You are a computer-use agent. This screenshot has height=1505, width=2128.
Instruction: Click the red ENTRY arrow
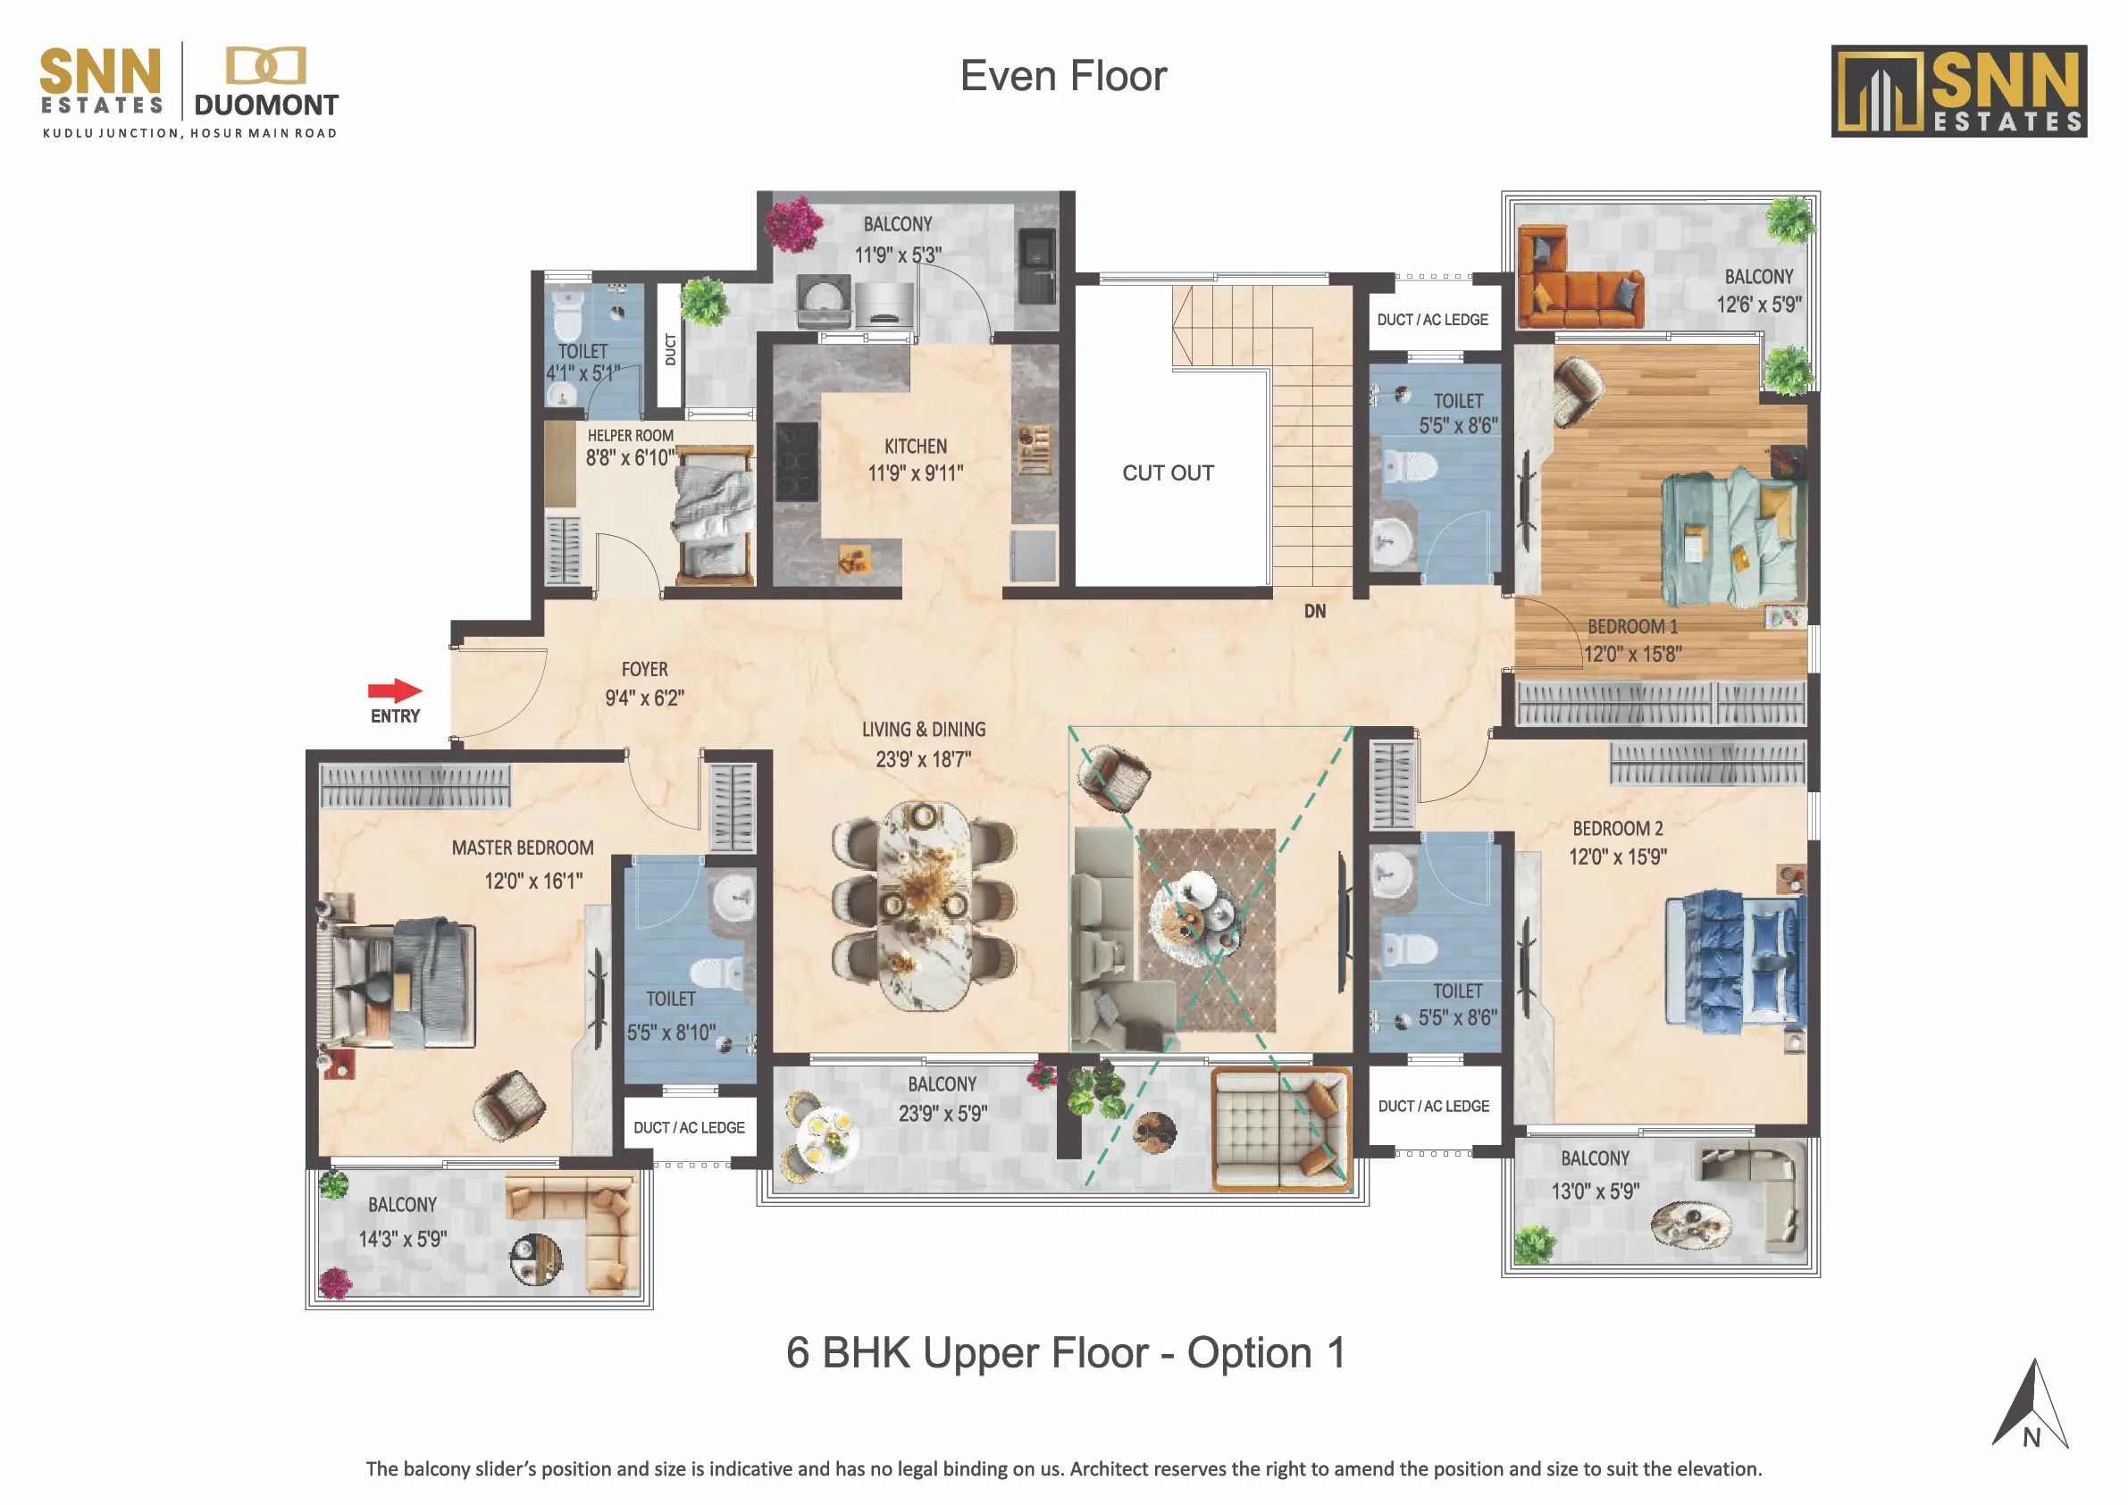[x=395, y=690]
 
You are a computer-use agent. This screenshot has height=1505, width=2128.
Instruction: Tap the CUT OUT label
[x=1168, y=472]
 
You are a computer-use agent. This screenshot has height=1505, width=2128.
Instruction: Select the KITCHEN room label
[x=916, y=447]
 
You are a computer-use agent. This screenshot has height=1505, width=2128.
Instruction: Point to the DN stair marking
[x=1314, y=612]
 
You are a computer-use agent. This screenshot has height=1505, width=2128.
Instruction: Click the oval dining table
[x=924, y=906]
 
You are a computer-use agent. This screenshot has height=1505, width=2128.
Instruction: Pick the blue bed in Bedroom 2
[x=1735, y=960]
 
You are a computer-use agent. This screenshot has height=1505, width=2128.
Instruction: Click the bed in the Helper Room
[x=714, y=514]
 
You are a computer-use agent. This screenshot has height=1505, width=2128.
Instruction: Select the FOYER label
[x=644, y=669]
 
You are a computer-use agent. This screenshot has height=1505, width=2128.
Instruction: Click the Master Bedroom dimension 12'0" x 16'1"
[x=533, y=882]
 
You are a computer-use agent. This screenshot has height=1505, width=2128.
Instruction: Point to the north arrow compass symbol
[x=2030, y=1405]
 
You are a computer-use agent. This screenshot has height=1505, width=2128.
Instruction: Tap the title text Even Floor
[x=1063, y=76]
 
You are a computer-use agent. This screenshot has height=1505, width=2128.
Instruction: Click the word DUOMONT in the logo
[x=266, y=105]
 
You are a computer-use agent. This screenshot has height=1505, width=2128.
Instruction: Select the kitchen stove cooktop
[x=796, y=462]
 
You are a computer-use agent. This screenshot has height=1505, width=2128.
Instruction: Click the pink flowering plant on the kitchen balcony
[x=793, y=223]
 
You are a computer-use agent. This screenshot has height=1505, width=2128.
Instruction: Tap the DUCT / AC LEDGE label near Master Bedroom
[x=689, y=1128]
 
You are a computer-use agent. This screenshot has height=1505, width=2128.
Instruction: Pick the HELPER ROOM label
[x=630, y=436]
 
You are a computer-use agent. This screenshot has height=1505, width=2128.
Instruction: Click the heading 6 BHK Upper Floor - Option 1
[x=1065, y=1353]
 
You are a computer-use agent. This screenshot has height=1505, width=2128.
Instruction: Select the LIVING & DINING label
[x=923, y=731]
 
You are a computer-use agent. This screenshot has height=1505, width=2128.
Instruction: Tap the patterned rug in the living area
[x=1207, y=931]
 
